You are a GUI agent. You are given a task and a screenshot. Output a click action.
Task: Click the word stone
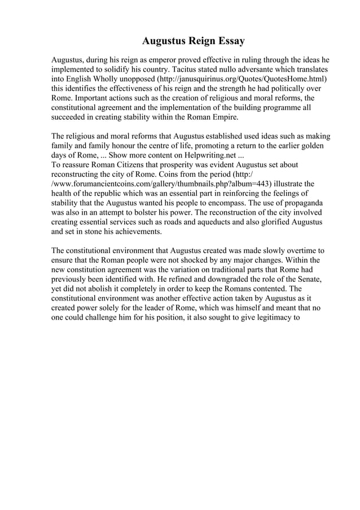click(x=100, y=232)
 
